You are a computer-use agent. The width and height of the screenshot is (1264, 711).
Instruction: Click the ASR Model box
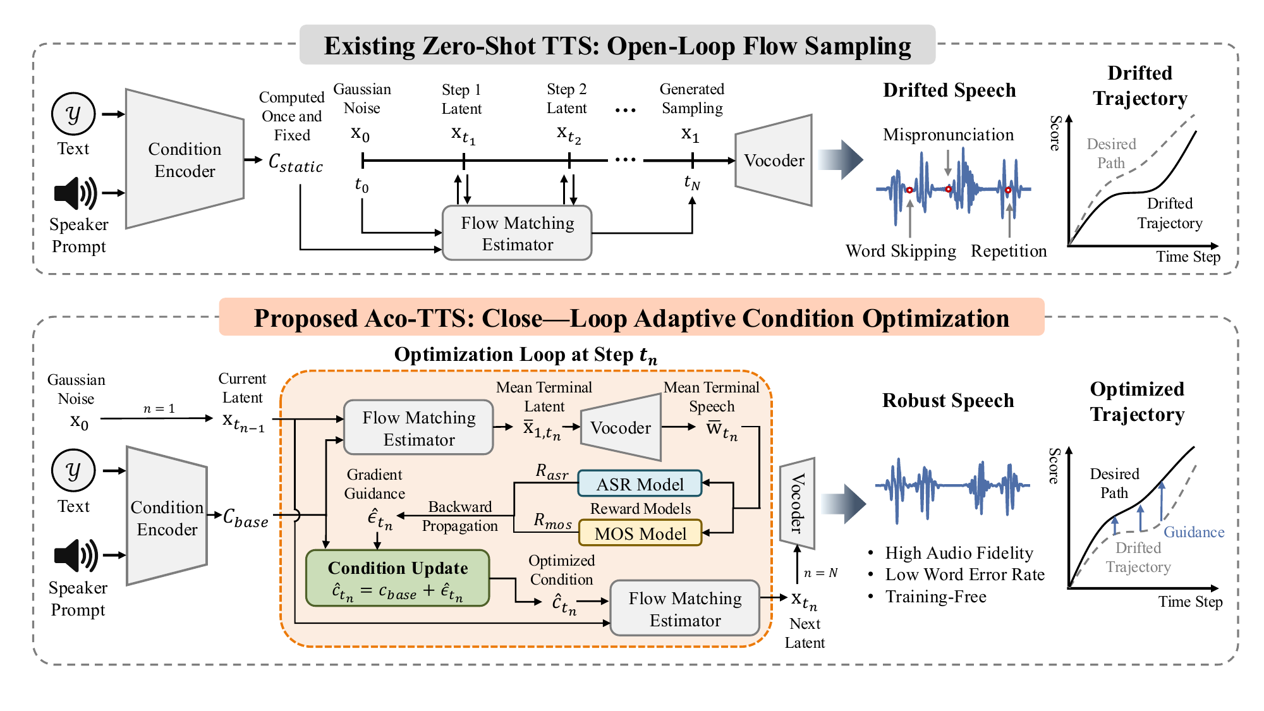640,484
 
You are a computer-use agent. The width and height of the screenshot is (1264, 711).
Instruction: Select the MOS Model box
640,533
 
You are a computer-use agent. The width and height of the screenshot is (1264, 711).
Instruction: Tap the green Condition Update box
398,578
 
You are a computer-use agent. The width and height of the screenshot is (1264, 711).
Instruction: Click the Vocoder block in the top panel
774,160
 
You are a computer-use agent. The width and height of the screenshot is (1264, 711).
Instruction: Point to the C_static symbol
295,163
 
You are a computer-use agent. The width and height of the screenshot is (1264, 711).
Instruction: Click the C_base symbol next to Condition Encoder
246,518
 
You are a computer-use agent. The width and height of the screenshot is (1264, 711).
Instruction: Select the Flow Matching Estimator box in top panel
517,233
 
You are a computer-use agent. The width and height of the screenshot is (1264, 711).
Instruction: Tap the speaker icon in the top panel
75,193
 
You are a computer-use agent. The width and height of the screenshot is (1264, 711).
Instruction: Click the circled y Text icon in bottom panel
73,470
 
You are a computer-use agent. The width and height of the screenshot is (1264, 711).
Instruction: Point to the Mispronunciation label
948,135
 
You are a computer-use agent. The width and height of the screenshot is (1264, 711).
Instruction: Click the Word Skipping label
901,251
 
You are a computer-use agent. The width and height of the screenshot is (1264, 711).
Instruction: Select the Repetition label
1009,251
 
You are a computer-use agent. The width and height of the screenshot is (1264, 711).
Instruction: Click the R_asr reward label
552,471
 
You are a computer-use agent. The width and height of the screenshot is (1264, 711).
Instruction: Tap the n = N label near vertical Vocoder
820,573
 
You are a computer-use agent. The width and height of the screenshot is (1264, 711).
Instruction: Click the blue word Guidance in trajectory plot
1193,532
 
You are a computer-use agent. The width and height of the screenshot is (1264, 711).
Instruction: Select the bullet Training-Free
935,597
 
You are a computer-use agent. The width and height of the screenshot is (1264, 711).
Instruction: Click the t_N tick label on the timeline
692,183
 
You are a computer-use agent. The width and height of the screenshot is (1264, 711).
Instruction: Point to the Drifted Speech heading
949,90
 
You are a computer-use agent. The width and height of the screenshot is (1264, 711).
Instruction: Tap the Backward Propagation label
459,516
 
